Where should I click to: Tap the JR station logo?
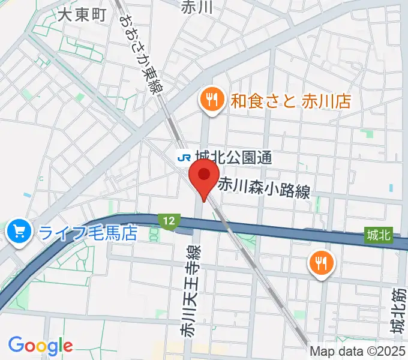tap(184, 157)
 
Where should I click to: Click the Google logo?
tap(40, 346)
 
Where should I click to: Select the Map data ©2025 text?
tap(358, 352)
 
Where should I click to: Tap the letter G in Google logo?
tap(16, 345)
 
